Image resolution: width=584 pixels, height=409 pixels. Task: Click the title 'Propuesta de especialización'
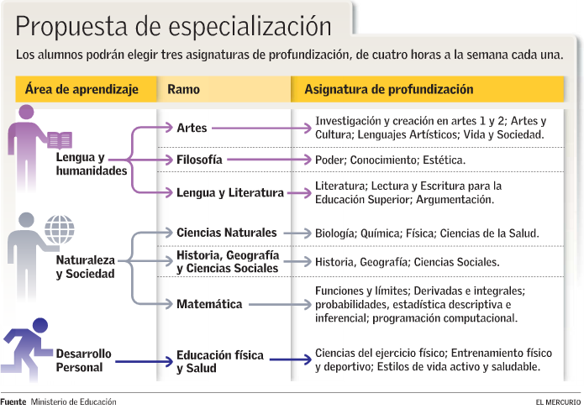173,27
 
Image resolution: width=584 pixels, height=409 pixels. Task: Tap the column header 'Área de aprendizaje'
82,89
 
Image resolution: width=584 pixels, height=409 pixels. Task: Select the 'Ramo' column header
183,89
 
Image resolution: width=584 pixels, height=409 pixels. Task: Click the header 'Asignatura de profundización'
389,89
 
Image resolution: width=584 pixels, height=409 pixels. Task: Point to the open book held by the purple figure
60,140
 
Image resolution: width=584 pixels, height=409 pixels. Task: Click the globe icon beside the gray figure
60,229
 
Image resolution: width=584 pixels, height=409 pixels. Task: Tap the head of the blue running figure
40,326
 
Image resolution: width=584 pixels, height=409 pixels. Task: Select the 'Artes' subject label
192,128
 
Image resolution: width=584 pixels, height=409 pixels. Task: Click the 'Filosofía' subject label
199,160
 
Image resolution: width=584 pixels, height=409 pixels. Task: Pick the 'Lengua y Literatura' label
230,193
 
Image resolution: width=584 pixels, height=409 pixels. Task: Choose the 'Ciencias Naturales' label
226,233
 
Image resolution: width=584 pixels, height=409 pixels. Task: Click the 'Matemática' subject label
209,304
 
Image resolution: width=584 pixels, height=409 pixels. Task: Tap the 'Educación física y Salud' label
220,361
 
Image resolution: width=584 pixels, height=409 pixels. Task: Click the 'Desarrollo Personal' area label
84,360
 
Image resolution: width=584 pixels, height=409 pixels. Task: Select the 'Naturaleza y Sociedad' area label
86,267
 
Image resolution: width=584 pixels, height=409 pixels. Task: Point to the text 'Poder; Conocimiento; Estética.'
391,160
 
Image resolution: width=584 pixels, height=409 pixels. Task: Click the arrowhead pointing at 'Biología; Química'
308,233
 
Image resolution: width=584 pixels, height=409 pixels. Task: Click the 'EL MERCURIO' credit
558,402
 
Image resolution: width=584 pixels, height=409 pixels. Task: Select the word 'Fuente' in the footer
13,402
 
